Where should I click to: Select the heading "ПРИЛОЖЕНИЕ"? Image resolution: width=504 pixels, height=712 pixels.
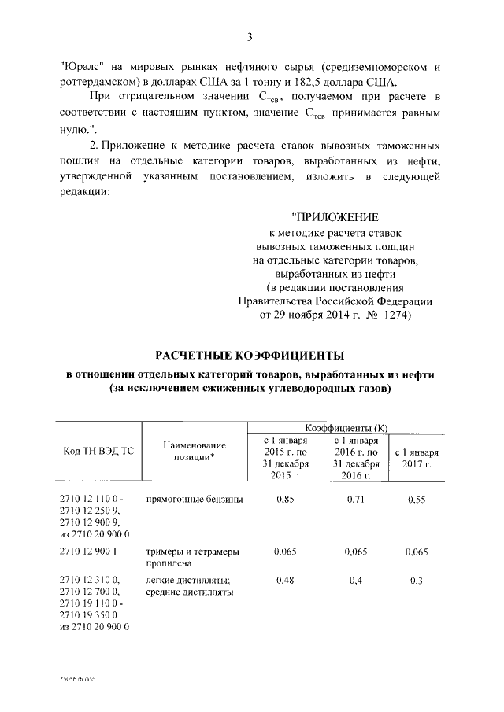[x=335, y=217]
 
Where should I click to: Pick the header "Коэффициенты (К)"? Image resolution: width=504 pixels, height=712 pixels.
[x=351, y=427]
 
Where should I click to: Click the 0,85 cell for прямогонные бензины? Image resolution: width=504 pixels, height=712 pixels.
[x=284, y=500]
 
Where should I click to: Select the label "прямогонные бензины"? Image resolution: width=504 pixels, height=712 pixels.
[x=195, y=500]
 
